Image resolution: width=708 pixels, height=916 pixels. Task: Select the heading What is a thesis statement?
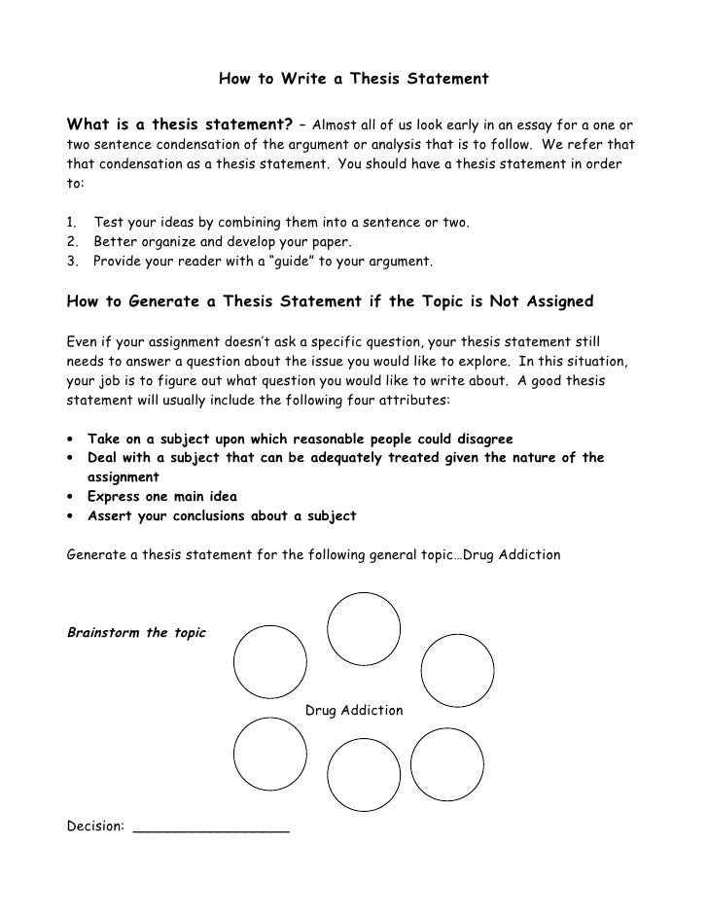point(179,125)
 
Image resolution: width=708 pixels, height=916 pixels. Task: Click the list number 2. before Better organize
point(71,242)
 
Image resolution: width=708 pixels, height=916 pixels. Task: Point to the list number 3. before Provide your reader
point(71,262)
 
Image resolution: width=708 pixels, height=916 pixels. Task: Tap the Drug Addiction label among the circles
point(354,711)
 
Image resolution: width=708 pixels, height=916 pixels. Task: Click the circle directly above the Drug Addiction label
point(364,628)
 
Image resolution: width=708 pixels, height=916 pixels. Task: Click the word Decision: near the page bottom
point(95,827)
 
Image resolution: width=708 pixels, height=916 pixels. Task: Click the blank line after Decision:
point(211,828)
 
